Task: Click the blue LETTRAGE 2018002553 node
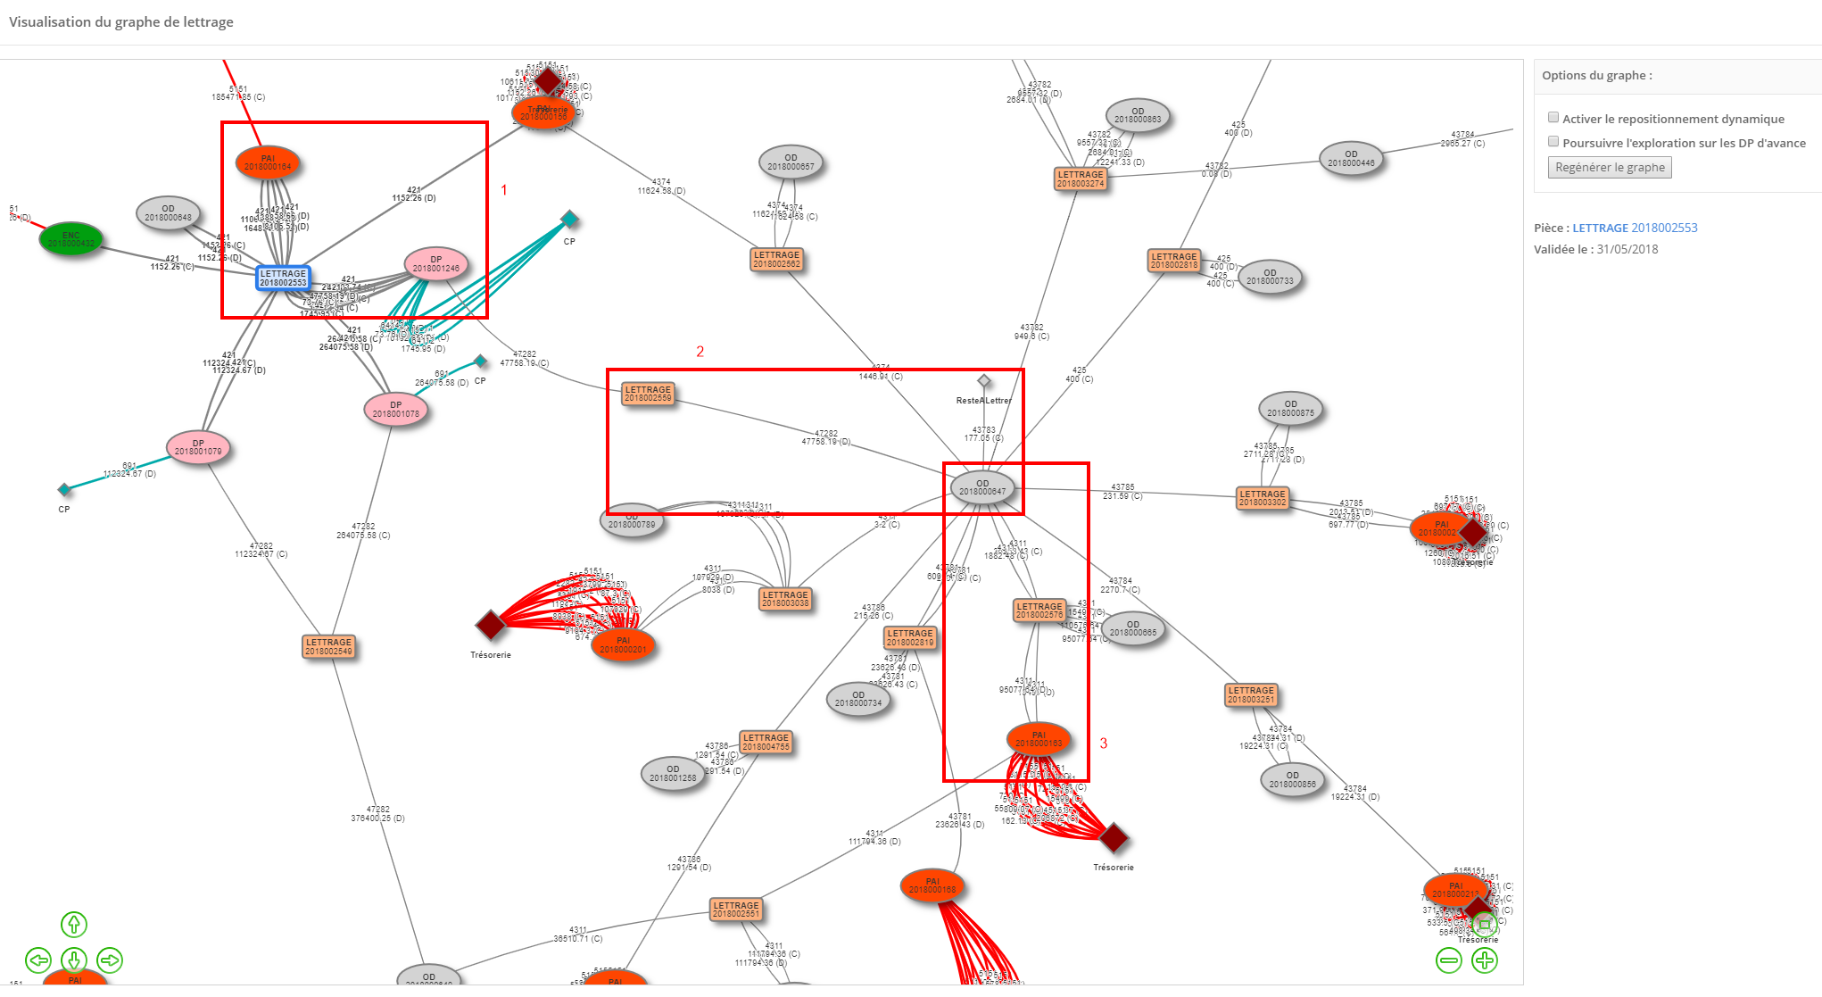click(283, 278)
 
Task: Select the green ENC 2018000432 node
click(71, 239)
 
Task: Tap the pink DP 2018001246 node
click(435, 264)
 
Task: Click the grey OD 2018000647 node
click(981, 487)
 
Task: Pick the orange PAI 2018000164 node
click(268, 162)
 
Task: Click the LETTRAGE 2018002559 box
click(648, 394)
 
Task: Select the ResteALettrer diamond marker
click(984, 381)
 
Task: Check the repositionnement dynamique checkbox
click(1553, 118)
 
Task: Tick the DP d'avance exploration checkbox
click(1553, 142)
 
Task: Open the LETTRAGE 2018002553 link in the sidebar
click(1635, 228)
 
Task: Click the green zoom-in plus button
click(1485, 960)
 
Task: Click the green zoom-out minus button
click(1449, 960)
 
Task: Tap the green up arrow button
click(74, 925)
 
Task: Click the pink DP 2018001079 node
click(198, 447)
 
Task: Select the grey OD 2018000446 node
click(1351, 159)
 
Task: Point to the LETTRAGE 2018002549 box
click(328, 646)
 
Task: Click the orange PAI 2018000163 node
click(1039, 739)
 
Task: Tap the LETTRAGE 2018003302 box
click(1263, 498)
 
